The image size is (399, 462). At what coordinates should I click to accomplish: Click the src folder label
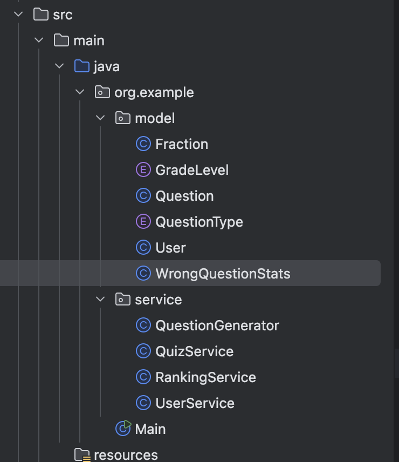tap(63, 15)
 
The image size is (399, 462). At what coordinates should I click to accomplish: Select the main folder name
tap(89, 41)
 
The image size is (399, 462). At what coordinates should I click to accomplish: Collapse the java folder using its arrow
tap(59, 67)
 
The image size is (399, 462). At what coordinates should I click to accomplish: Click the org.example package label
tap(154, 93)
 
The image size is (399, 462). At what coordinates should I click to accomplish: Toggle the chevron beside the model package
tap(100, 119)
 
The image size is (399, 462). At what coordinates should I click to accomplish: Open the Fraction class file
tap(181, 145)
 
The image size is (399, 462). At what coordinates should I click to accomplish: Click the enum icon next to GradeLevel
tap(143, 171)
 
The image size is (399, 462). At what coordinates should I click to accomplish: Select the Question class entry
tap(184, 196)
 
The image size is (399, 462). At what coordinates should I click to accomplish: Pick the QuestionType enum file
tap(199, 222)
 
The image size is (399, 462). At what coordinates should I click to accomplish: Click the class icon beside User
tap(143, 248)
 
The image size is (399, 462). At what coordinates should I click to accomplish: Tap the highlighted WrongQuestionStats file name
tap(223, 274)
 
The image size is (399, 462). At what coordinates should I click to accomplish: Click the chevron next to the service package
tap(100, 300)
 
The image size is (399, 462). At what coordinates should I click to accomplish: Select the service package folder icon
tap(123, 300)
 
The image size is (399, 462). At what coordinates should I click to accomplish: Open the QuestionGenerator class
tap(217, 326)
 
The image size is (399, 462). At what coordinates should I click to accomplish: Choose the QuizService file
tap(194, 352)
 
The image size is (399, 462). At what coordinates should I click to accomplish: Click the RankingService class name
tap(205, 378)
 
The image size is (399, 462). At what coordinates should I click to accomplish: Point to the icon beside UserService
tap(143, 404)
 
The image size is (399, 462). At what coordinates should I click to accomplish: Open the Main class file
tap(150, 430)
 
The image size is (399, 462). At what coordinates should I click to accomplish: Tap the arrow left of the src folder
tap(19, 15)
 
